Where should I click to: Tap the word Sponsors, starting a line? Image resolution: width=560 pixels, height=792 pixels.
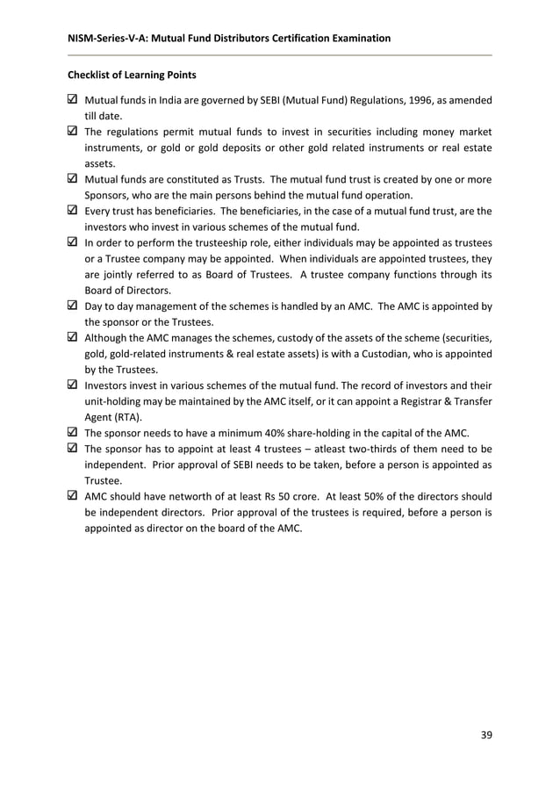pyautogui.click(x=108, y=195)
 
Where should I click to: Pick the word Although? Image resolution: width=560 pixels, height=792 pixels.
pyautogui.click(x=107, y=338)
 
